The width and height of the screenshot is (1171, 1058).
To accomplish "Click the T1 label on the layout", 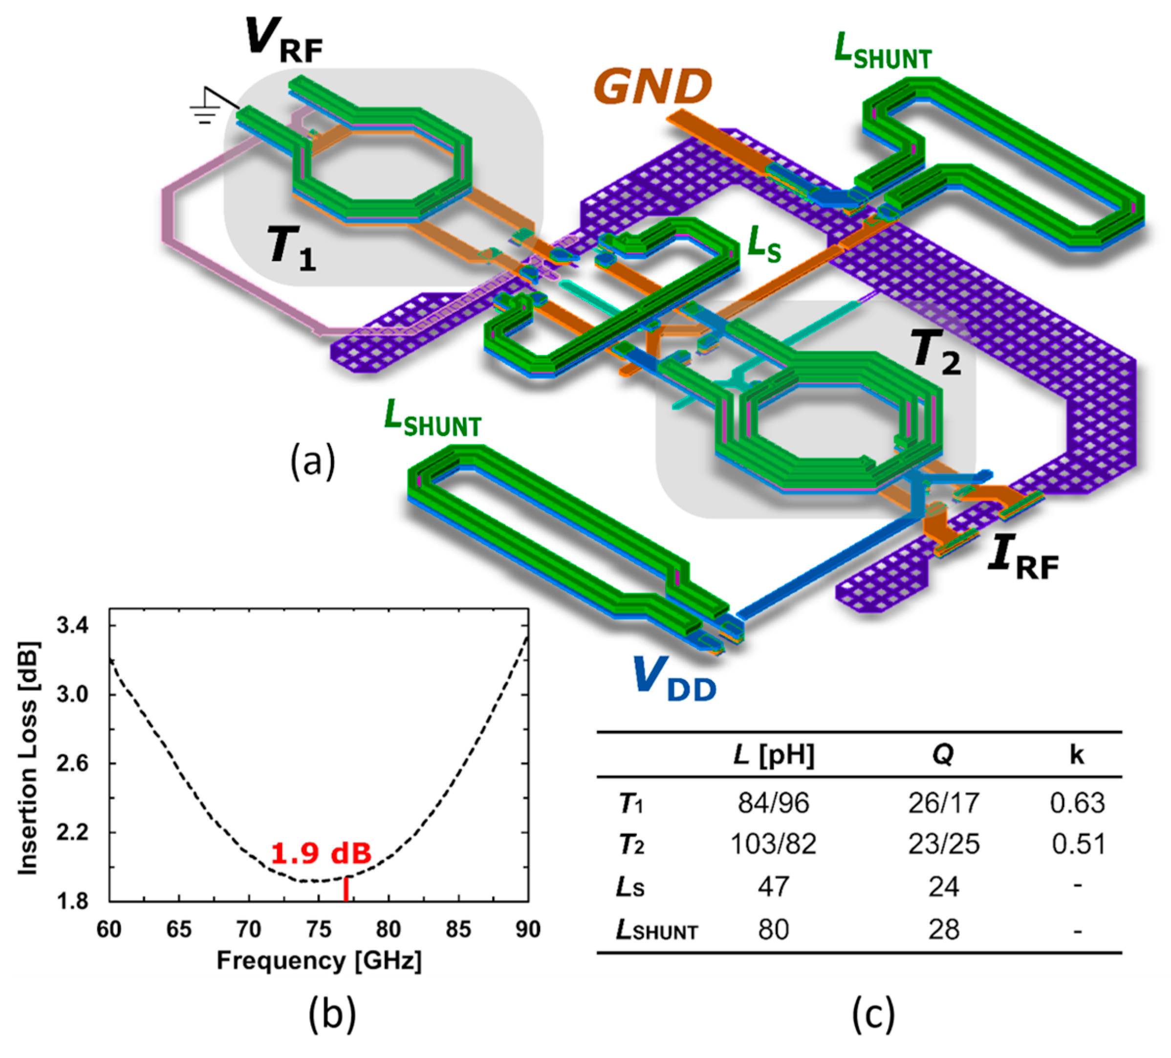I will click(x=292, y=248).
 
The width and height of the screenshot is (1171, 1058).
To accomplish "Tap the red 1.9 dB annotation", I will click(x=321, y=853).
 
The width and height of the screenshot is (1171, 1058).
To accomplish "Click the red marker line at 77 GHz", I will click(x=347, y=888).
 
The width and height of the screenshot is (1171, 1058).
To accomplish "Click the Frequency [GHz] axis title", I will click(x=319, y=962).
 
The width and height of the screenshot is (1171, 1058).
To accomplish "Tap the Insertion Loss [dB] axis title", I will click(x=28, y=759).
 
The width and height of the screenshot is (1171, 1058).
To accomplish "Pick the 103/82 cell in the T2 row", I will click(x=773, y=844).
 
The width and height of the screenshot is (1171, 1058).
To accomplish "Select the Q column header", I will click(x=943, y=754).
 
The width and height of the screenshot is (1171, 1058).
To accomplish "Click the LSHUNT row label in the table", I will click(x=656, y=930).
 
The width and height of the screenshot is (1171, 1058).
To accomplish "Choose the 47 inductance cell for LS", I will click(x=773, y=886).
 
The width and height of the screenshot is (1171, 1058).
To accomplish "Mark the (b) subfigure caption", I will click(x=332, y=1014).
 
